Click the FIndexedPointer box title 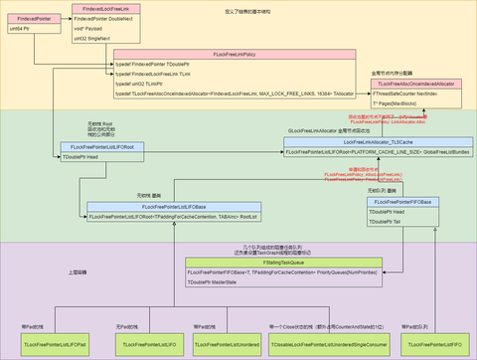(29, 18)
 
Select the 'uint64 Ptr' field (29, 30)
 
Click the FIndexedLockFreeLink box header (103, 8)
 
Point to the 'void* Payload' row (103, 30)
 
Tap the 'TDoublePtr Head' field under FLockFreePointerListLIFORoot (99, 157)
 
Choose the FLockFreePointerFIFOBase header (401, 202)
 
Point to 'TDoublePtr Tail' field (401, 224)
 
